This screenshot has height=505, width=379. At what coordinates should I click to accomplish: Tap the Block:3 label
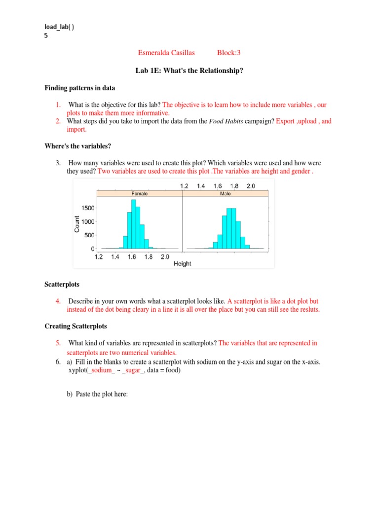click(x=228, y=53)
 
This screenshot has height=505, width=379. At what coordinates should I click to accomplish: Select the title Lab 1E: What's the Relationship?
click(x=189, y=71)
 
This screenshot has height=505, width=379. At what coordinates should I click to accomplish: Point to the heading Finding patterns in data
click(x=80, y=88)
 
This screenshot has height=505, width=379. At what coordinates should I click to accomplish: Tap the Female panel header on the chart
click(x=140, y=194)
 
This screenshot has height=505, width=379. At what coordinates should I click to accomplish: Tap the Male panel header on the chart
click(x=225, y=194)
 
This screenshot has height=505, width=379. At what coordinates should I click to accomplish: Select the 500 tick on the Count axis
click(x=89, y=235)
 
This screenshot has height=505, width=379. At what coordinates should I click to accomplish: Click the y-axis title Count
click(x=77, y=224)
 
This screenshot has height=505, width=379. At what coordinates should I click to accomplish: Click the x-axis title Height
click(x=182, y=264)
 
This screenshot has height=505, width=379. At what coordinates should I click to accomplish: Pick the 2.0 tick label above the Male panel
click(x=250, y=186)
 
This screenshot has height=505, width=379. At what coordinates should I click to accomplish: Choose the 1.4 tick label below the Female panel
click(x=115, y=257)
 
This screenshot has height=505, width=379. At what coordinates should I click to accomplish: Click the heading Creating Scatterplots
click(x=76, y=326)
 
